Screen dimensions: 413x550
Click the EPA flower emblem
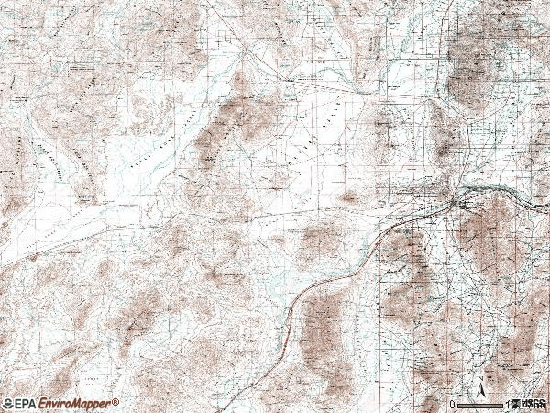pos(7,404)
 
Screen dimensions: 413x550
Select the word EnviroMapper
pos(75,404)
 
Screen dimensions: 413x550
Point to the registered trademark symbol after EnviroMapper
pos(116,401)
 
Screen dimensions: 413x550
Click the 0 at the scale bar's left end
pos(452,404)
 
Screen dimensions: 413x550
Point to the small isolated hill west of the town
pos(349,196)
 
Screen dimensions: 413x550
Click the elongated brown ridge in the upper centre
pos(234,119)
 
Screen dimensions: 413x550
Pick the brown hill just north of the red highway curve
pos(321,239)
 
